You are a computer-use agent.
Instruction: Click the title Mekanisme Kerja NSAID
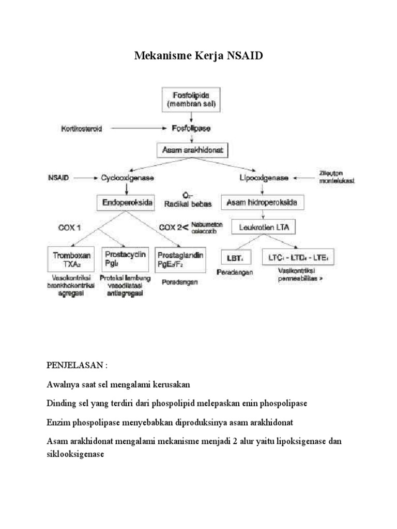[x=199, y=56]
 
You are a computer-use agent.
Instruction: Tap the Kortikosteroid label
[x=81, y=128]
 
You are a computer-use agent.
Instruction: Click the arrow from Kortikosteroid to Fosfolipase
[x=140, y=128]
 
